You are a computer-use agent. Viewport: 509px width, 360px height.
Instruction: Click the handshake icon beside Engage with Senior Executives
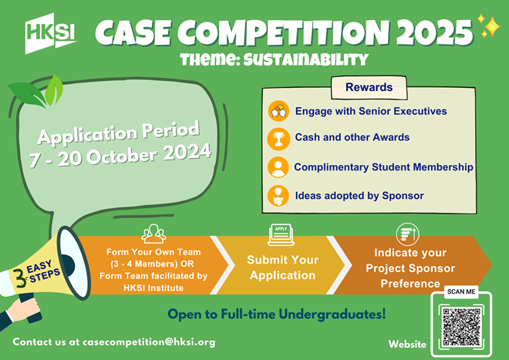click(278, 111)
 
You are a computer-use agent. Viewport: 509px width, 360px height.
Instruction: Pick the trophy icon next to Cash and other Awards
click(278, 138)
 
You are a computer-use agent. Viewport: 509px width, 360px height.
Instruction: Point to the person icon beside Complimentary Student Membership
click(278, 167)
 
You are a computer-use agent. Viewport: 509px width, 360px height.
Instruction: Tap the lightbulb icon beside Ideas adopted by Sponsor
click(278, 195)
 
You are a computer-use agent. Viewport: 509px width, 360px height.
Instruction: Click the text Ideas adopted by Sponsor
click(359, 196)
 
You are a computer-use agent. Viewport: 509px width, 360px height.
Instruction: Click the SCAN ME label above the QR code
click(462, 293)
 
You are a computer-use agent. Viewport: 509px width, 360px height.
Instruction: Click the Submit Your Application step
click(281, 267)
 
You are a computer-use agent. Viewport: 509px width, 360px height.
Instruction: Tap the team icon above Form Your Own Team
click(154, 233)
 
